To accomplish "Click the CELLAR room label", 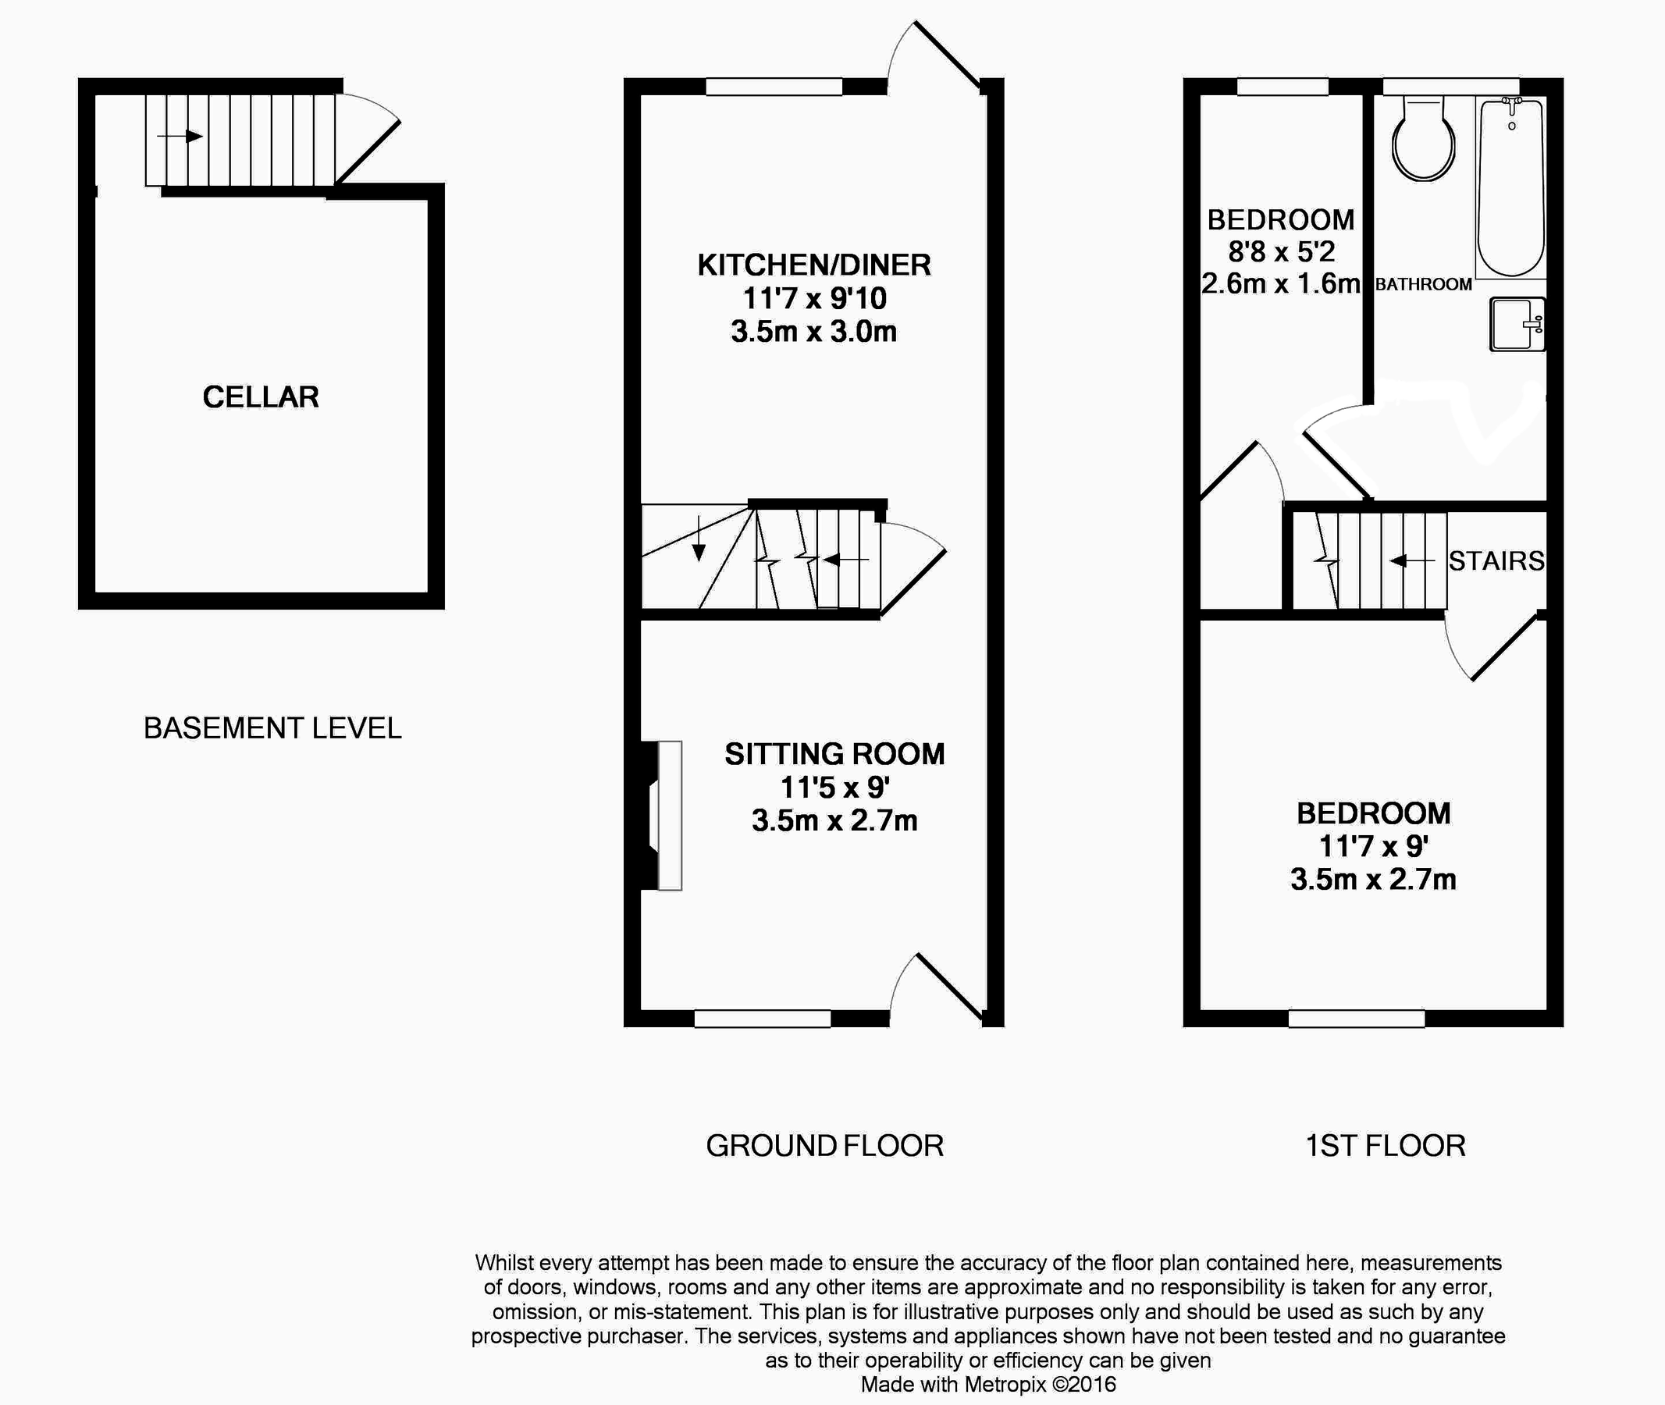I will click(x=261, y=397).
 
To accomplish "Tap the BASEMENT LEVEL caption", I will click(x=272, y=728).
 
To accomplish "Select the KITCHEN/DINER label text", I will click(x=813, y=265).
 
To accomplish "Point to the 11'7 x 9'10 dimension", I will click(x=813, y=299).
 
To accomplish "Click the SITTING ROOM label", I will click(x=834, y=754).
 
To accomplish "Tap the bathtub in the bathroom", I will click(x=1510, y=187).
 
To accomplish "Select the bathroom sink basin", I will click(x=1516, y=324).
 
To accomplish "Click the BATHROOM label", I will click(x=1424, y=284).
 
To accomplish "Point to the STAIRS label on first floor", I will click(x=1496, y=561).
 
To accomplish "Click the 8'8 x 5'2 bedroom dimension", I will click(x=1280, y=252).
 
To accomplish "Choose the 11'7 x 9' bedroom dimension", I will click(x=1372, y=846).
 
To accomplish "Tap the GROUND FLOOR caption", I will click(x=824, y=1146).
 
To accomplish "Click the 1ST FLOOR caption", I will click(x=1386, y=1146).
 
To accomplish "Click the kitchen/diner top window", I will click(x=774, y=87).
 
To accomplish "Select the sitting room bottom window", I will click(x=763, y=1018).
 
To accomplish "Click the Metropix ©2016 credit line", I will click(x=988, y=1384).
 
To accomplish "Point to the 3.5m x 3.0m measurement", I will click(x=813, y=331).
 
